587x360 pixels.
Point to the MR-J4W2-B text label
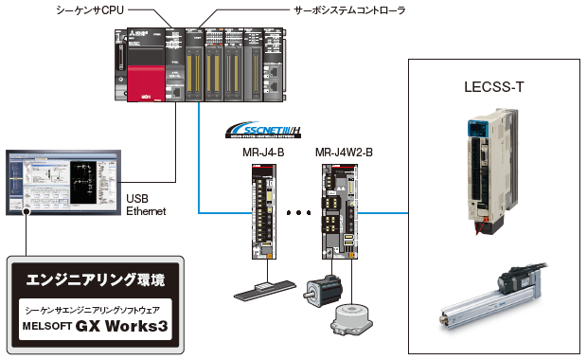(x=343, y=152)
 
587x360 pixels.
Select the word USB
(x=137, y=199)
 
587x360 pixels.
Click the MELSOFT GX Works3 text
(x=98, y=328)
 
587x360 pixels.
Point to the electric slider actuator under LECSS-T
(x=488, y=292)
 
